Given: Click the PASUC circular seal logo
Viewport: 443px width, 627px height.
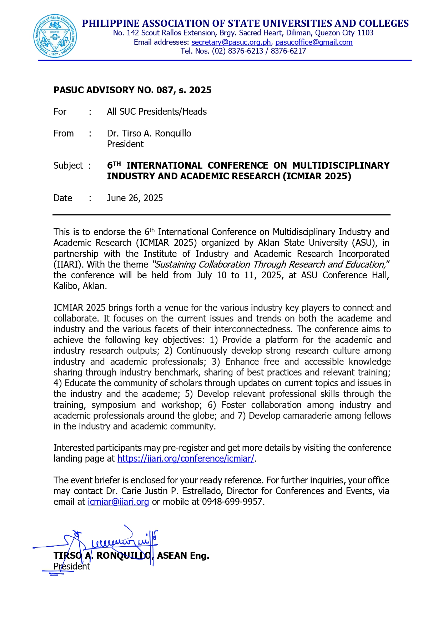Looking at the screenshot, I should click(x=55, y=36).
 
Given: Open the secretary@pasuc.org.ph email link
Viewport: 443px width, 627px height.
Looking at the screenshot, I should click(x=231, y=42).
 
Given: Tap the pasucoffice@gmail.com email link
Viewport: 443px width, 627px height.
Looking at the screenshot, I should click(x=314, y=42).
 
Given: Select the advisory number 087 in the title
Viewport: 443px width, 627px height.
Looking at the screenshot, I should click(x=165, y=90).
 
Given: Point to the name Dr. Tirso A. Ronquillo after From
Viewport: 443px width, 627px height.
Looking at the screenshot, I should click(x=149, y=134).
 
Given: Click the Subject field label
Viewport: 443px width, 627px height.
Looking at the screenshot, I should click(x=68, y=166).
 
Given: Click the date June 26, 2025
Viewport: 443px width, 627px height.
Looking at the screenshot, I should click(x=135, y=198).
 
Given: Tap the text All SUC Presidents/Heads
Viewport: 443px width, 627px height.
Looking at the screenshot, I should click(x=157, y=112).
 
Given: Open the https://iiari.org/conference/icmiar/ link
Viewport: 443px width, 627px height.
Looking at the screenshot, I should click(x=186, y=459).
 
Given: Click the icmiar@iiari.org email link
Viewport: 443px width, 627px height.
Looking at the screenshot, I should click(x=118, y=502).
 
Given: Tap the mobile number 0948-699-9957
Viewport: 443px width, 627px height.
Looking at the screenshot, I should click(x=232, y=502).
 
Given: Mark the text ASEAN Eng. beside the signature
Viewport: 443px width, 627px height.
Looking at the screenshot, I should click(x=183, y=556).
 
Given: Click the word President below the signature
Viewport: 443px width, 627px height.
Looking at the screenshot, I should click(x=72, y=567).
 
